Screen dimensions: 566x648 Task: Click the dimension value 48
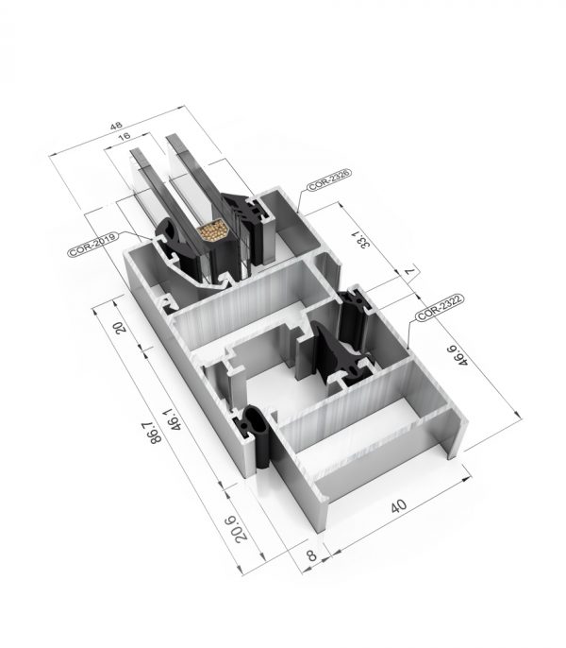click(116, 126)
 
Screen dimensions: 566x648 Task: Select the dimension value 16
click(124, 136)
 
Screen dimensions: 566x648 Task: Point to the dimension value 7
click(408, 271)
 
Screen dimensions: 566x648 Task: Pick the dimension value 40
click(398, 505)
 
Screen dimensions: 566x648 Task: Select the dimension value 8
click(312, 554)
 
